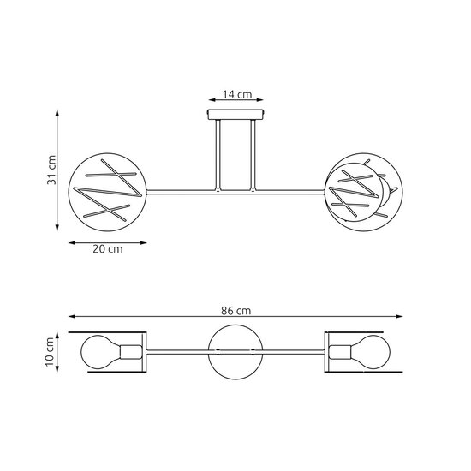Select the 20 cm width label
click(106, 249)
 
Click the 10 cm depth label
click(51, 351)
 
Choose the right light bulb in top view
click(373, 352)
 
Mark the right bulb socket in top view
click(340, 352)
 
